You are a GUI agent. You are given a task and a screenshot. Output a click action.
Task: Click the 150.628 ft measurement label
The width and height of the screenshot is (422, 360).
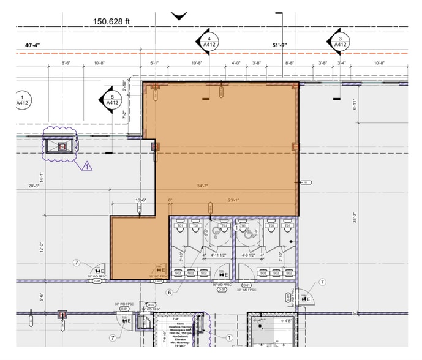click(111, 22)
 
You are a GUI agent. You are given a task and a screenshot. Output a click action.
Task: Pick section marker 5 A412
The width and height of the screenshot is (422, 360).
click(111, 100)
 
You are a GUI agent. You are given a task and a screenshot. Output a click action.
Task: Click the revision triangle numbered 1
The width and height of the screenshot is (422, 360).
click(86, 165)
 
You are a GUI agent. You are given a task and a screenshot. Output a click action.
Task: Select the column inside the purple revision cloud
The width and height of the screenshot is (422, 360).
click(62, 146)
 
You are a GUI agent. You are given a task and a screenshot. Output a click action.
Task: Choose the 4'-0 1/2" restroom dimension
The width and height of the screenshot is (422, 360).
click(248, 256)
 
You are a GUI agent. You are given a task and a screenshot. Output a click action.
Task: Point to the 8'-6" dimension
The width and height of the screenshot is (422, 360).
click(66, 63)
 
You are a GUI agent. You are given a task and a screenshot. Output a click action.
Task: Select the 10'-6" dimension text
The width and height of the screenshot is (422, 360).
click(141, 200)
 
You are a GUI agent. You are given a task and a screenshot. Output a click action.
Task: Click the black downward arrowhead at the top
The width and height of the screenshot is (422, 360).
click(179, 16)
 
